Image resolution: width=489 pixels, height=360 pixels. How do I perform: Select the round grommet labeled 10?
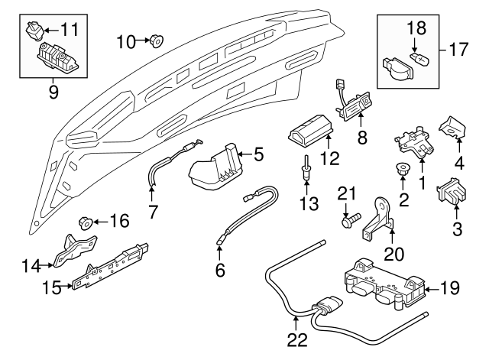coord(155,41)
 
